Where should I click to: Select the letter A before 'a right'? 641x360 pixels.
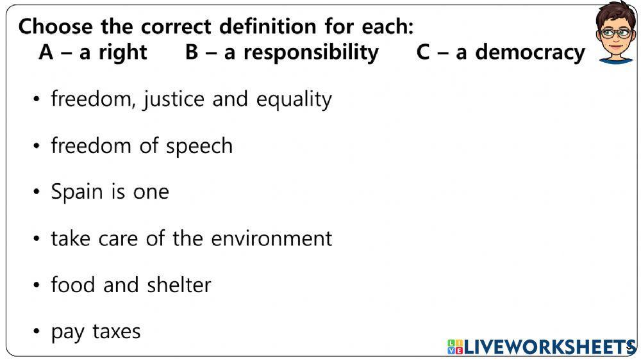click(46, 52)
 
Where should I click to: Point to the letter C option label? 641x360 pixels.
click(423, 52)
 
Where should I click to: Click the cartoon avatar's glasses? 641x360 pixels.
click(615, 33)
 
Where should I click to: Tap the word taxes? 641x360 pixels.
click(117, 332)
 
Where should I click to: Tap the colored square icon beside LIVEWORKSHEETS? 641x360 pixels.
click(454, 347)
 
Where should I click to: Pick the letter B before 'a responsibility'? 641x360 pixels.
click(192, 52)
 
